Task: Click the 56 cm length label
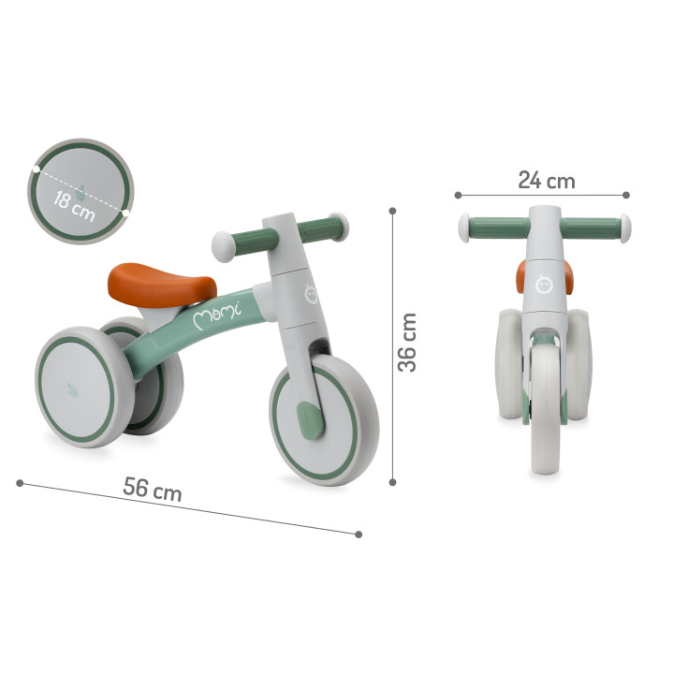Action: (x=153, y=489)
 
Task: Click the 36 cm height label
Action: (x=408, y=342)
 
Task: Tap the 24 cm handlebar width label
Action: (x=546, y=181)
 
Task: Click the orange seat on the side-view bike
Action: (x=161, y=282)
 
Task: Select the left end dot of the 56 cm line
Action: (x=20, y=483)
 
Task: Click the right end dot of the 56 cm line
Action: (x=359, y=534)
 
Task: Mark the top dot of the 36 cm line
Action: (x=392, y=211)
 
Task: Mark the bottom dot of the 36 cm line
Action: (x=392, y=483)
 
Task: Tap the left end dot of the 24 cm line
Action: (x=458, y=195)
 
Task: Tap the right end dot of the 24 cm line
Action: (x=626, y=195)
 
